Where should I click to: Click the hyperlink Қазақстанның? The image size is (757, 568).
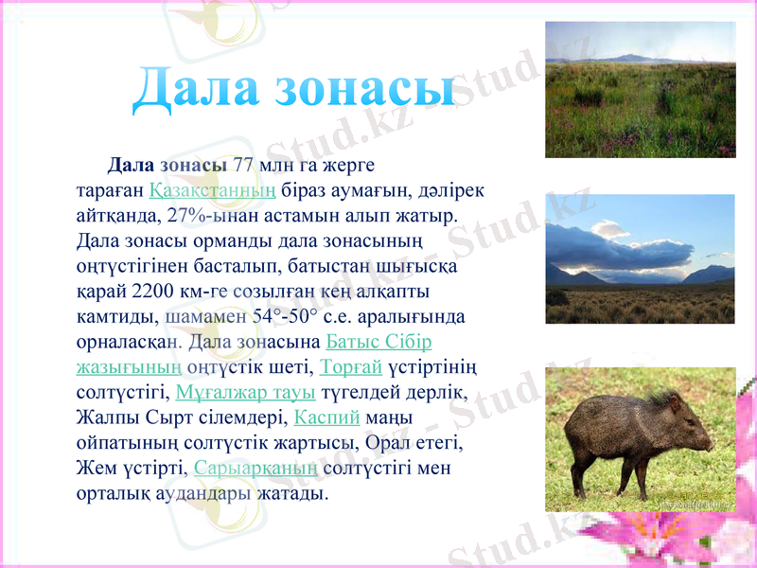[213, 189]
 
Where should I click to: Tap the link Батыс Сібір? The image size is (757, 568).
[378, 341]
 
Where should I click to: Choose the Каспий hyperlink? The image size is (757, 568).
[327, 417]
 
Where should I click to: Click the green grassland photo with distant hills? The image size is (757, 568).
[640, 90]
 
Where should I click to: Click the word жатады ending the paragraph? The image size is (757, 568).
[291, 493]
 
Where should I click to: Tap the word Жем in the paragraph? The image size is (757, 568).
[95, 468]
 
